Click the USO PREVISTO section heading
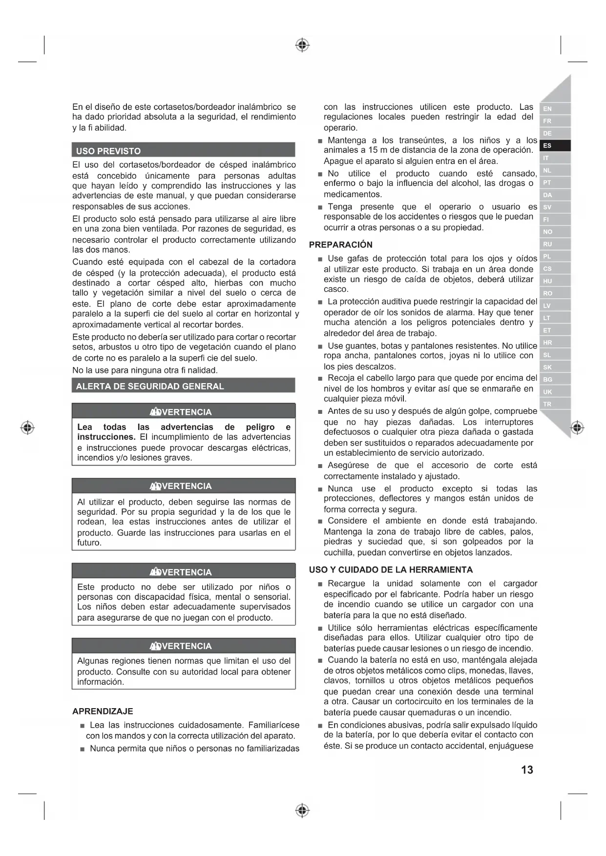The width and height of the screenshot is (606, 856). pos(108,151)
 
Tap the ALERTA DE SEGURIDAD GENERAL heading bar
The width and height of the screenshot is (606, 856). pos(150,386)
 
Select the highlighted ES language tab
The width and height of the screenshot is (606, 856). pos(547,145)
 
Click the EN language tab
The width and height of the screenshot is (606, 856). pos(547,109)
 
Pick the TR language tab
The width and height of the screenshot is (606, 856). pos(547,404)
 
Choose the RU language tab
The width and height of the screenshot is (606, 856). pos(547,244)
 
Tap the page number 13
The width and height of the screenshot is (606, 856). pos(527,770)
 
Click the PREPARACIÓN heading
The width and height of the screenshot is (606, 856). pos(341,245)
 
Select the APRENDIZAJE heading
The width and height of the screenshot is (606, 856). pos(103,711)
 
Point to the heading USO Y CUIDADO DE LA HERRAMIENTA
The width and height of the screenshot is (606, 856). pos(391,570)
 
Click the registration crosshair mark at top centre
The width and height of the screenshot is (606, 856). pos(303,45)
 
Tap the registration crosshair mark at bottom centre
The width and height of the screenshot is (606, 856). pos(303,811)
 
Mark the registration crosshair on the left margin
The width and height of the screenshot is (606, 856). pos(28,428)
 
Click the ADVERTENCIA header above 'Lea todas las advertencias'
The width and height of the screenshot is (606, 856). pos(183,412)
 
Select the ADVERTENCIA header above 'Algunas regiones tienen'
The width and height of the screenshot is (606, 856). pos(183,646)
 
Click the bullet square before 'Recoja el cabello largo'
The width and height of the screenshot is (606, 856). pos(320,379)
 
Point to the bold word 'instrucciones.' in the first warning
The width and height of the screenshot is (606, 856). pos(106,437)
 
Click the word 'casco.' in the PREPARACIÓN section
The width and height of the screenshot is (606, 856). pos(336,289)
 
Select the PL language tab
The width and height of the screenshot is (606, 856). pos(547,256)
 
